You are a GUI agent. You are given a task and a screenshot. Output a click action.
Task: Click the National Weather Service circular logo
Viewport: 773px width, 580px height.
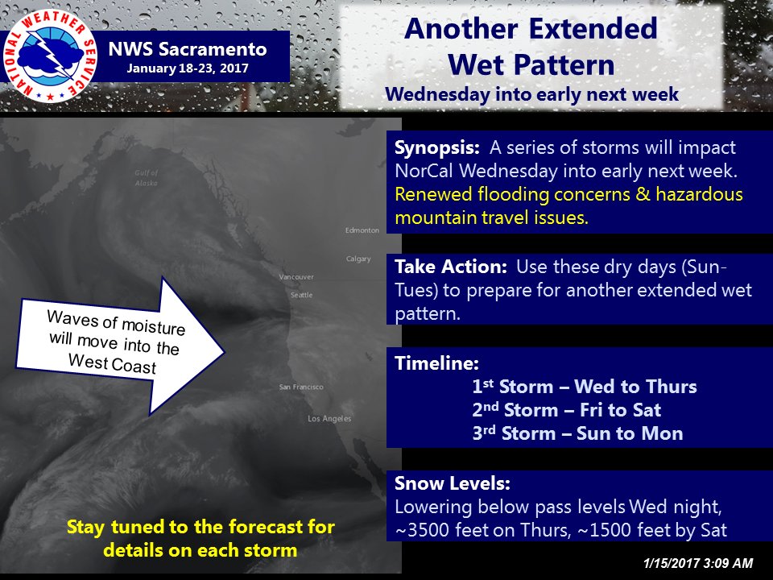coord(50,56)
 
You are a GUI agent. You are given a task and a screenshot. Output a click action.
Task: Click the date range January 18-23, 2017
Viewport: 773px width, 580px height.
coord(188,68)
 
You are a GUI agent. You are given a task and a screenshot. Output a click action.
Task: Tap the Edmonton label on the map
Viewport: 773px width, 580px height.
coord(362,230)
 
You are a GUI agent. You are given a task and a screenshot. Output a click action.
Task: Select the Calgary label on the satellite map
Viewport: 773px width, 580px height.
coord(358,259)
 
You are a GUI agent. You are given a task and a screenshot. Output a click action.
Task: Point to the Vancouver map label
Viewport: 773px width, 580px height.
coord(296,277)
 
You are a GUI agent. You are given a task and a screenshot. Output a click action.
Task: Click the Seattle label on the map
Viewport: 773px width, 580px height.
coord(302,295)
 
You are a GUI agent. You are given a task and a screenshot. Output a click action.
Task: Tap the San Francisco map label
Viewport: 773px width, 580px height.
coord(301,387)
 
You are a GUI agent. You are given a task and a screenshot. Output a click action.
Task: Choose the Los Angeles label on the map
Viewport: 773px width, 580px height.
coord(330,419)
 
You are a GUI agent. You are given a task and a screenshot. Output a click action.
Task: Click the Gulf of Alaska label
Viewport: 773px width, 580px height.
coord(147,177)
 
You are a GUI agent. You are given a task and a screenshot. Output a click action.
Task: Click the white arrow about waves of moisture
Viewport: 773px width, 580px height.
coord(121,346)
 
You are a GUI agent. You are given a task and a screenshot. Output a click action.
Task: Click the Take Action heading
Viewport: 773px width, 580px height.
coord(451,267)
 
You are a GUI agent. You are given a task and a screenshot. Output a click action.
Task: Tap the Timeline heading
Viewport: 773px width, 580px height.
coord(436,363)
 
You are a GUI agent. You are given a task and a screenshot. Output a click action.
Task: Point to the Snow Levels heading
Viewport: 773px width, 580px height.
coord(453,483)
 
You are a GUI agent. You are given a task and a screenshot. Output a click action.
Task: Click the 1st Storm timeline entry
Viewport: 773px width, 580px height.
coord(585,387)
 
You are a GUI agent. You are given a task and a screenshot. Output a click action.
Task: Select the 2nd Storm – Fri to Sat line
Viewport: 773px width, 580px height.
coord(567,410)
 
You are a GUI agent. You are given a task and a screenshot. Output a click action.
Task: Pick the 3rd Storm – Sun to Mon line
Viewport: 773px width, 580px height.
coord(578,433)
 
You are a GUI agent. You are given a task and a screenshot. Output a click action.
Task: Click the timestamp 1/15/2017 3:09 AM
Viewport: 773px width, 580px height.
coord(698,563)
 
